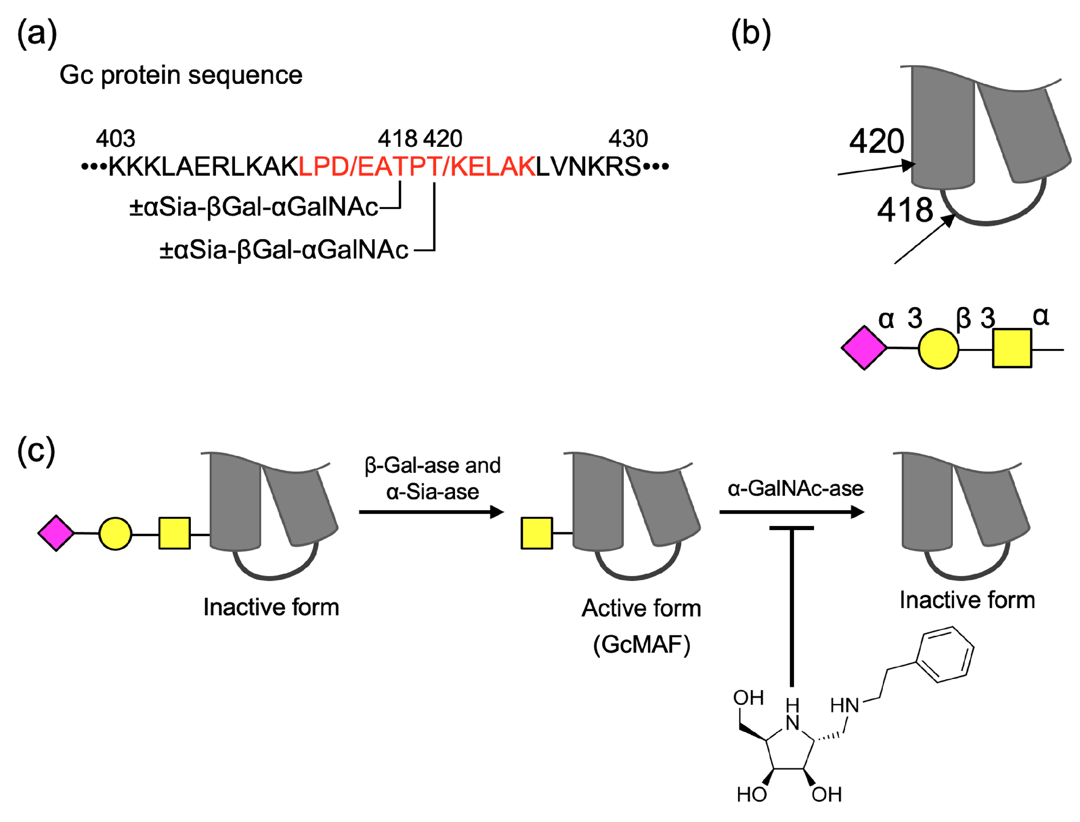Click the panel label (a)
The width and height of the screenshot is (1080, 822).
[x=37, y=34]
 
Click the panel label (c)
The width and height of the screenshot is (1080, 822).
[x=36, y=450]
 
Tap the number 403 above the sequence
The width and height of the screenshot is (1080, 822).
[x=115, y=139]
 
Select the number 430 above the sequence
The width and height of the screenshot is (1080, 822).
[x=628, y=139]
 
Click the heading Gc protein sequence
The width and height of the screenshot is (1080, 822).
[x=181, y=75]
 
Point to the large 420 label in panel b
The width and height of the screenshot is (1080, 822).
[x=877, y=141]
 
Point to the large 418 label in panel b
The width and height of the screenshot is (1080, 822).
[x=905, y=211]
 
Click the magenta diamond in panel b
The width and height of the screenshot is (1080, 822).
[x=864, y=348]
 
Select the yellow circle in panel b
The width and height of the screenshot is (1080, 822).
[x=938, y=349]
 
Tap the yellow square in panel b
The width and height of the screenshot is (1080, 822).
[x=1012, y=349]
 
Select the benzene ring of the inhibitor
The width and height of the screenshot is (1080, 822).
[x=945, y=655]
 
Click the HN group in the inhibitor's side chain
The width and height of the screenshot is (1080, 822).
[x=845, y=705]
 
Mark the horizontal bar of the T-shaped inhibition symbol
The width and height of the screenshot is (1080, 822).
[x=791, y=528]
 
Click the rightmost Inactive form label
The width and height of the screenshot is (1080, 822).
[x=967, y=600]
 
